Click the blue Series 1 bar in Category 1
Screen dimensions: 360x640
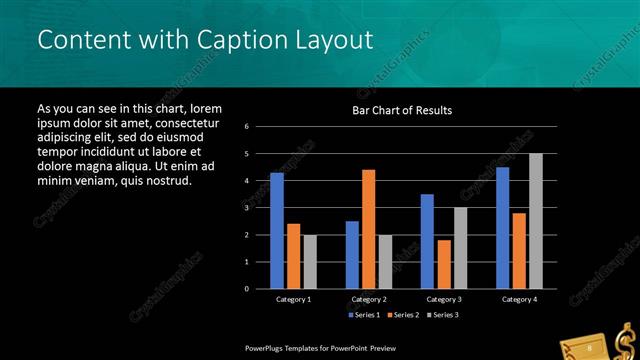point(277,231)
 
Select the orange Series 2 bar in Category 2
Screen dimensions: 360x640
point(368,229)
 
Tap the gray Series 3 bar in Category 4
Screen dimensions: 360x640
point(535,221)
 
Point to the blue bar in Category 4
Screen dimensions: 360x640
point(502,228)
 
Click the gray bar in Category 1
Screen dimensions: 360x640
point(310,262)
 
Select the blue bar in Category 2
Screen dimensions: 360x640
point(352,255)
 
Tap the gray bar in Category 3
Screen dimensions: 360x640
point(460,248)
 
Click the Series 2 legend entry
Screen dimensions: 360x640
point(403,315)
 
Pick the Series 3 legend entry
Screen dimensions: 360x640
point(442,315)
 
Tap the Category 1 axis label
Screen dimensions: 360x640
point(294,299)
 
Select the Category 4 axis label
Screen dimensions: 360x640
point(518,299)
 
